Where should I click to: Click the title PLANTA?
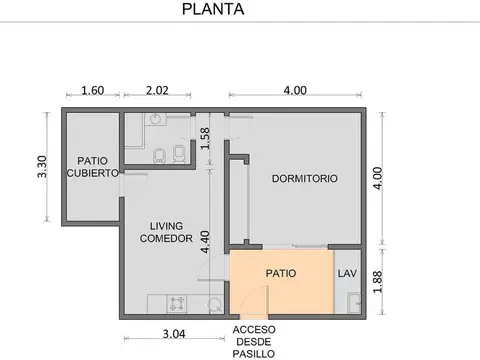(x=210, y=11)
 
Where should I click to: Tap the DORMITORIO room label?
(x=305, y=179)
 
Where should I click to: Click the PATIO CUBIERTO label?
(x=92, y=166)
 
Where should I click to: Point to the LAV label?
(x=347, y=272)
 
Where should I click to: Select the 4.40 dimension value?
(x=205, y=242)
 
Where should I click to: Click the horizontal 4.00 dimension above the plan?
(x=295, y=90)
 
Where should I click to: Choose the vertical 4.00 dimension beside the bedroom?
(x=377, y=178)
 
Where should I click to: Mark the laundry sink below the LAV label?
(x=351, y=301)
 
